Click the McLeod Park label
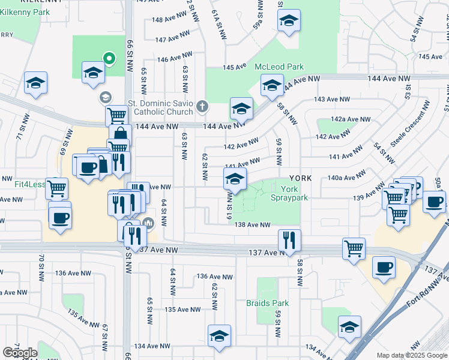(x=279, y=67)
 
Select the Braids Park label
(x=267, y=303)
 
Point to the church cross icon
(x=202, y=107)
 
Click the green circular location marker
(x=109, y=58)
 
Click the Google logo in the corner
(x=20, y=353)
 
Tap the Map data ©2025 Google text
(x=412, y=355)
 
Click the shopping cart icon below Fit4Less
(x=56, y=188)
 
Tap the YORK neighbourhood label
(x=300, y=178)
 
